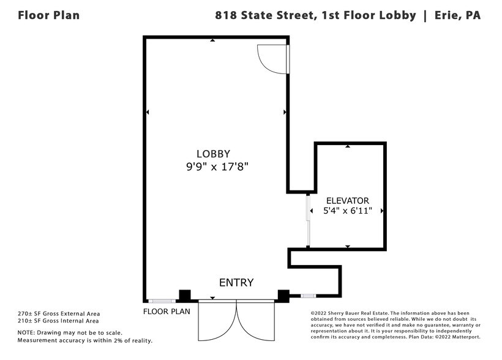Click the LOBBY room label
pyautogui.click(x=213, y=154)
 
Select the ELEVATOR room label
pyautogui.click(x=347, y=200)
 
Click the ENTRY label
pyautogui.click(x=236, y=282)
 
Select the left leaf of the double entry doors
pyautogui.click(x=217, y=320)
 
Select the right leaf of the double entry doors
pyautogui.click(x=255, y=320)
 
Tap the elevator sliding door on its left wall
pyautogui.click(x=308, y=220)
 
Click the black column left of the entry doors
pyautogui.click(x=184, y=296)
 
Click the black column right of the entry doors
pyautogui.click(x=283, y=296)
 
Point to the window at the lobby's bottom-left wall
pyautogui.click(x=163, y=301)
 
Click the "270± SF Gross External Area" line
pyautogui.click(x=58, y=313)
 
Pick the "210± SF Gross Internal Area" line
pyautogui.click(x=58, y=320)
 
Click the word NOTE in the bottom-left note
pyautogui.click(x=26, y=332)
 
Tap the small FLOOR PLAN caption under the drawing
pyautogui.click(x=167, y=311)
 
